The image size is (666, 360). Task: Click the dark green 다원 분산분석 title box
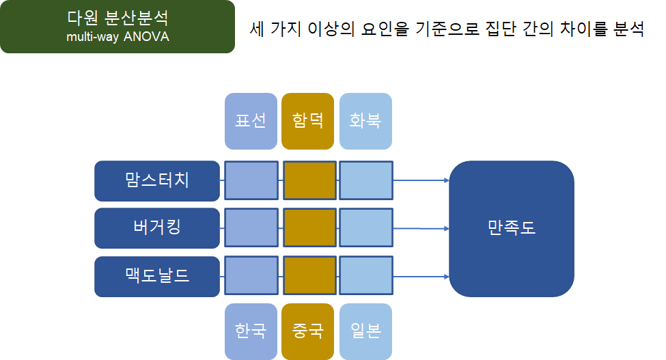pos(117,27)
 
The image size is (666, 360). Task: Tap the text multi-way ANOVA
pos(117,37)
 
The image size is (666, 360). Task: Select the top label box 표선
pos(251,121)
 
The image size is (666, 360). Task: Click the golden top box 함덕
pos(307,121)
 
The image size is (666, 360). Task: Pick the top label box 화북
pos(365,121)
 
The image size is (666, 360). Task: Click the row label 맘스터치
pos(157,181)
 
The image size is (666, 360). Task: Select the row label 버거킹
pos(157,228)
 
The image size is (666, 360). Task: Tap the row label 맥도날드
pos(157,277)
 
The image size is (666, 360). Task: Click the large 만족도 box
pos(511,228)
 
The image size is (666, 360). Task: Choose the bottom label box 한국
pos(251,331)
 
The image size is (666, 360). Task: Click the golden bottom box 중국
pos(307,331)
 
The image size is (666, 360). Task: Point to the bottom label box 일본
pos(365,331)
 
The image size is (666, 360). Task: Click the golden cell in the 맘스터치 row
pos(309,181)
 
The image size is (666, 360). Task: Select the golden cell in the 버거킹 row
pos(309,228)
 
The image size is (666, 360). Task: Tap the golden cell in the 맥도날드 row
pos(309,277)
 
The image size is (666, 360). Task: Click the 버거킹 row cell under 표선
pos(251,228)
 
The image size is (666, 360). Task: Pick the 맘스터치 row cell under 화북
pos(366,181)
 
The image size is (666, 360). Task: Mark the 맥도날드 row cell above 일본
pos(366,277)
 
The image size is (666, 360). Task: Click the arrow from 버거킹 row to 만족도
pos(421,229)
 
